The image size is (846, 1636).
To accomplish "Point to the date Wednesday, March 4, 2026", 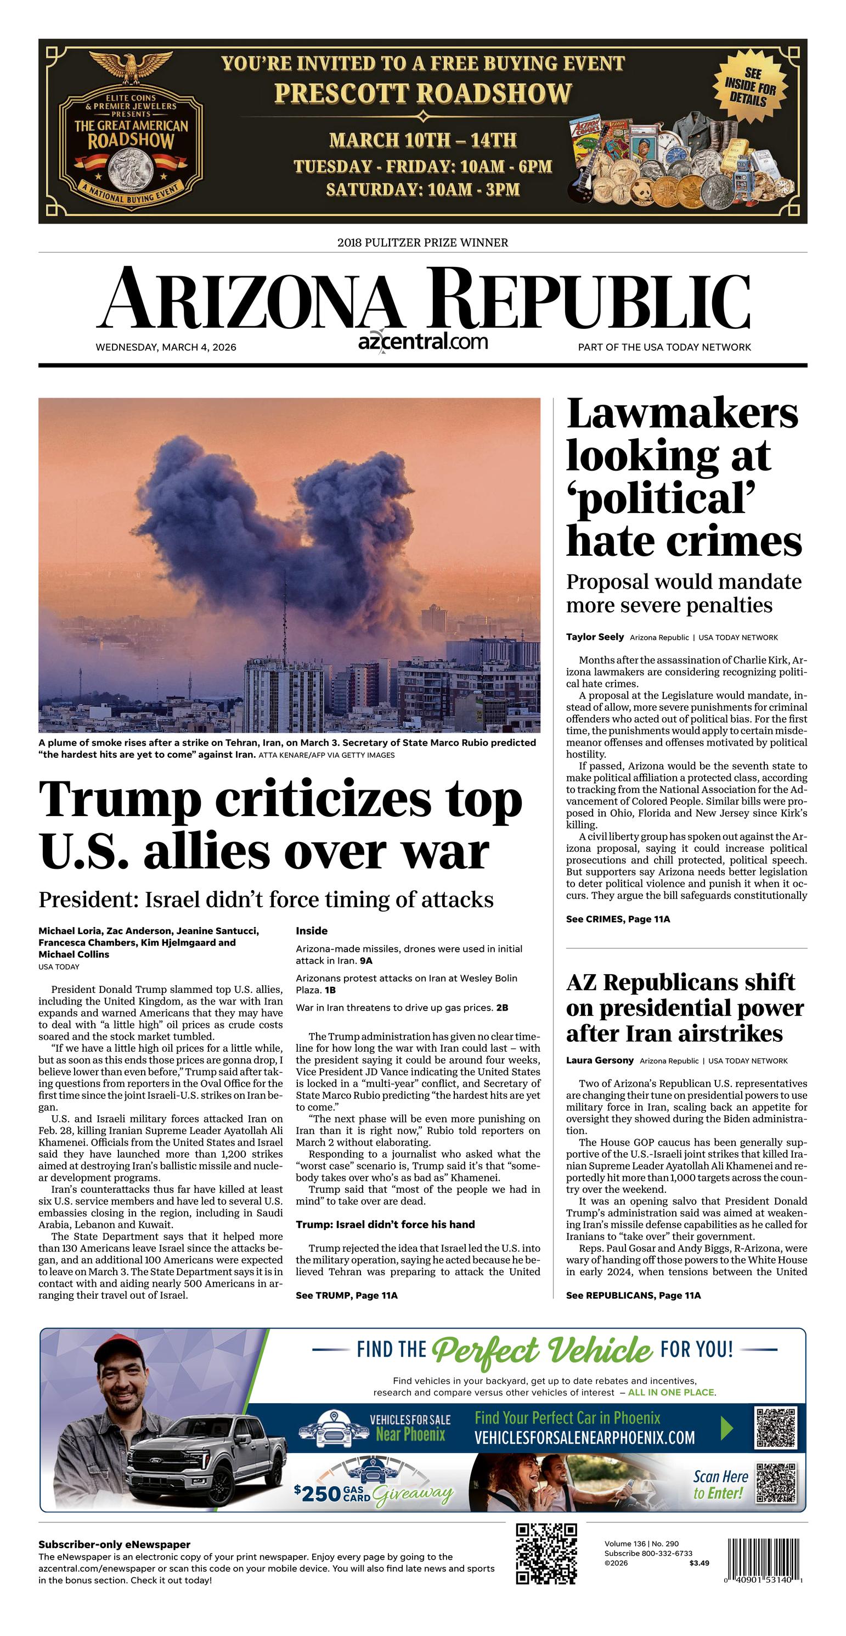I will click(x=166, y=348).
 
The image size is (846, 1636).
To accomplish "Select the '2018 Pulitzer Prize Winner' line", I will click(x=422, y=243).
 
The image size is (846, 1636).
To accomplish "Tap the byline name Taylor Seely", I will click(x=595, y=637).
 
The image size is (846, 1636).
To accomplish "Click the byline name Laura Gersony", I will click(x=600, y=1060).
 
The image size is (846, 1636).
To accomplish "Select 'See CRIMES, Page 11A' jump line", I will click(x=618, y=919).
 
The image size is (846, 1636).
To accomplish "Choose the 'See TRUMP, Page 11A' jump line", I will click(x=347, y=1295).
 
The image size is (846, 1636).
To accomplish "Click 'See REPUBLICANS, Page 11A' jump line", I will click(x=633, y=1295).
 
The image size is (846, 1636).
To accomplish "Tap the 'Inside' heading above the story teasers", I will click(x=312, y=930).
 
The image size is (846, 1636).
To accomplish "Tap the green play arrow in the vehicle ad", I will click(x=727, y=1429).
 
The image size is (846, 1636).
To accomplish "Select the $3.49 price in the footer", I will click(x=699, y=1563).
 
